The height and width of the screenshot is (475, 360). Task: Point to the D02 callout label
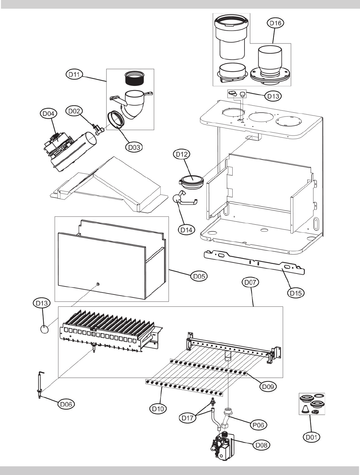[x=73, y=111]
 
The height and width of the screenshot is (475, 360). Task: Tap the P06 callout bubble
[x=258, y=424]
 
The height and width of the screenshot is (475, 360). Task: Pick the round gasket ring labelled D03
[x=115, y=119]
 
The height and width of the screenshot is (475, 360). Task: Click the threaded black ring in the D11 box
[x=133, y=79]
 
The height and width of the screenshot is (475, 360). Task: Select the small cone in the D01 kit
[x=305, y=410]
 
